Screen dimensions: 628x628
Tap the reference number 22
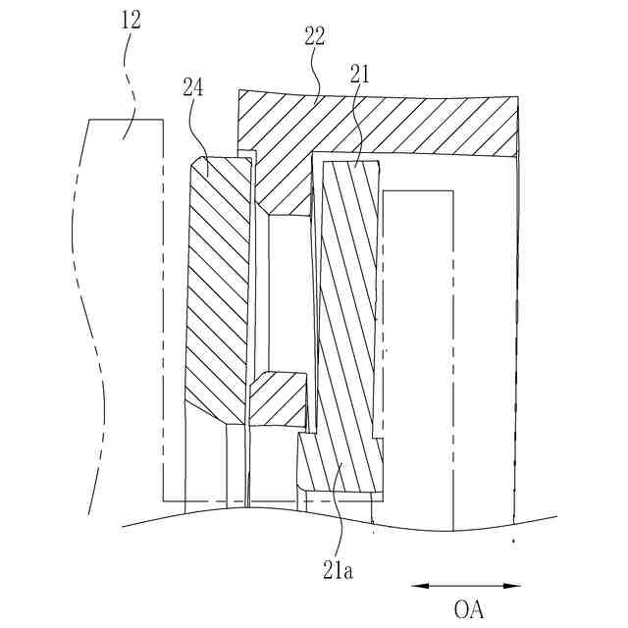pyautogui.click(x=315, y=36)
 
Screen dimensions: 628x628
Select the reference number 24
pyautogui.click(x=192, y=86)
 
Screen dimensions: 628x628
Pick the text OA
pyautogui.click(x=469, y=608)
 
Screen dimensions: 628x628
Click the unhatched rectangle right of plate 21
pyautogui.click(x=417, y=353)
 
